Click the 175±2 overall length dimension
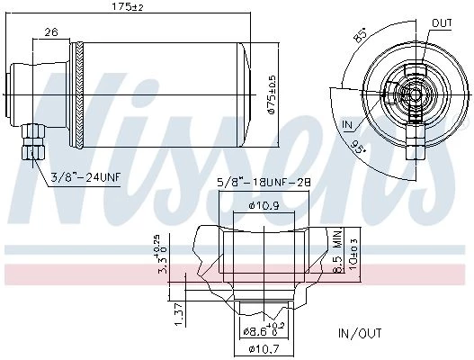click(127, 6)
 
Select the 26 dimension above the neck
click(50, 31)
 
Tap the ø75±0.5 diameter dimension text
click(272, 94)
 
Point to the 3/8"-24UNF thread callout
click(85, 176)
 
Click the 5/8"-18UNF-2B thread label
click(264, 183)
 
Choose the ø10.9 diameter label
click(264, 206)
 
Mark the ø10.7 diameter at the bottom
click(264, 349)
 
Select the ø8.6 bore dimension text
click(264, 331)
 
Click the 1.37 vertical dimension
click(180, 315)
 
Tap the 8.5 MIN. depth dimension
click(338, 250)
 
